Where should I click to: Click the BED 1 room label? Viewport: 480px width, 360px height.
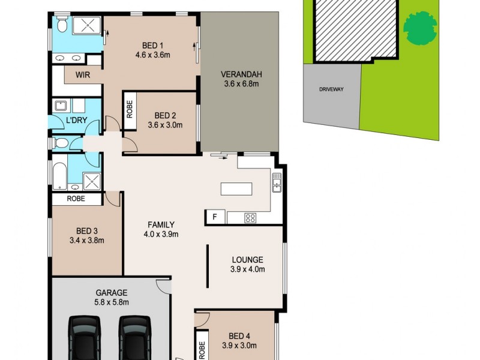point(153,46)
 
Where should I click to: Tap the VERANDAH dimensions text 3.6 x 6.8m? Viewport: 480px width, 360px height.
point(241,84)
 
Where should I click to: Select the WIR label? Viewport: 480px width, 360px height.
point(83,75)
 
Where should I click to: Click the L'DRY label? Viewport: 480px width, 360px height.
point(76,121)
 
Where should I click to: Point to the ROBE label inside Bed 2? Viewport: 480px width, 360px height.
point(129,110)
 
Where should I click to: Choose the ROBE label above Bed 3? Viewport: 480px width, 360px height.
point(76,199)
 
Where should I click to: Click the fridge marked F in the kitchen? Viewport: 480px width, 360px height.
point(214,217)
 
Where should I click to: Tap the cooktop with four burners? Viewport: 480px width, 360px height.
point(250,218)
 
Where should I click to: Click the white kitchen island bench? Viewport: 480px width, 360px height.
point(236,188)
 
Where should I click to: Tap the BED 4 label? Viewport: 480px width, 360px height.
point(242,335)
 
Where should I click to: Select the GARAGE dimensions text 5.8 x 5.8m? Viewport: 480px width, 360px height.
point(112,302)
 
